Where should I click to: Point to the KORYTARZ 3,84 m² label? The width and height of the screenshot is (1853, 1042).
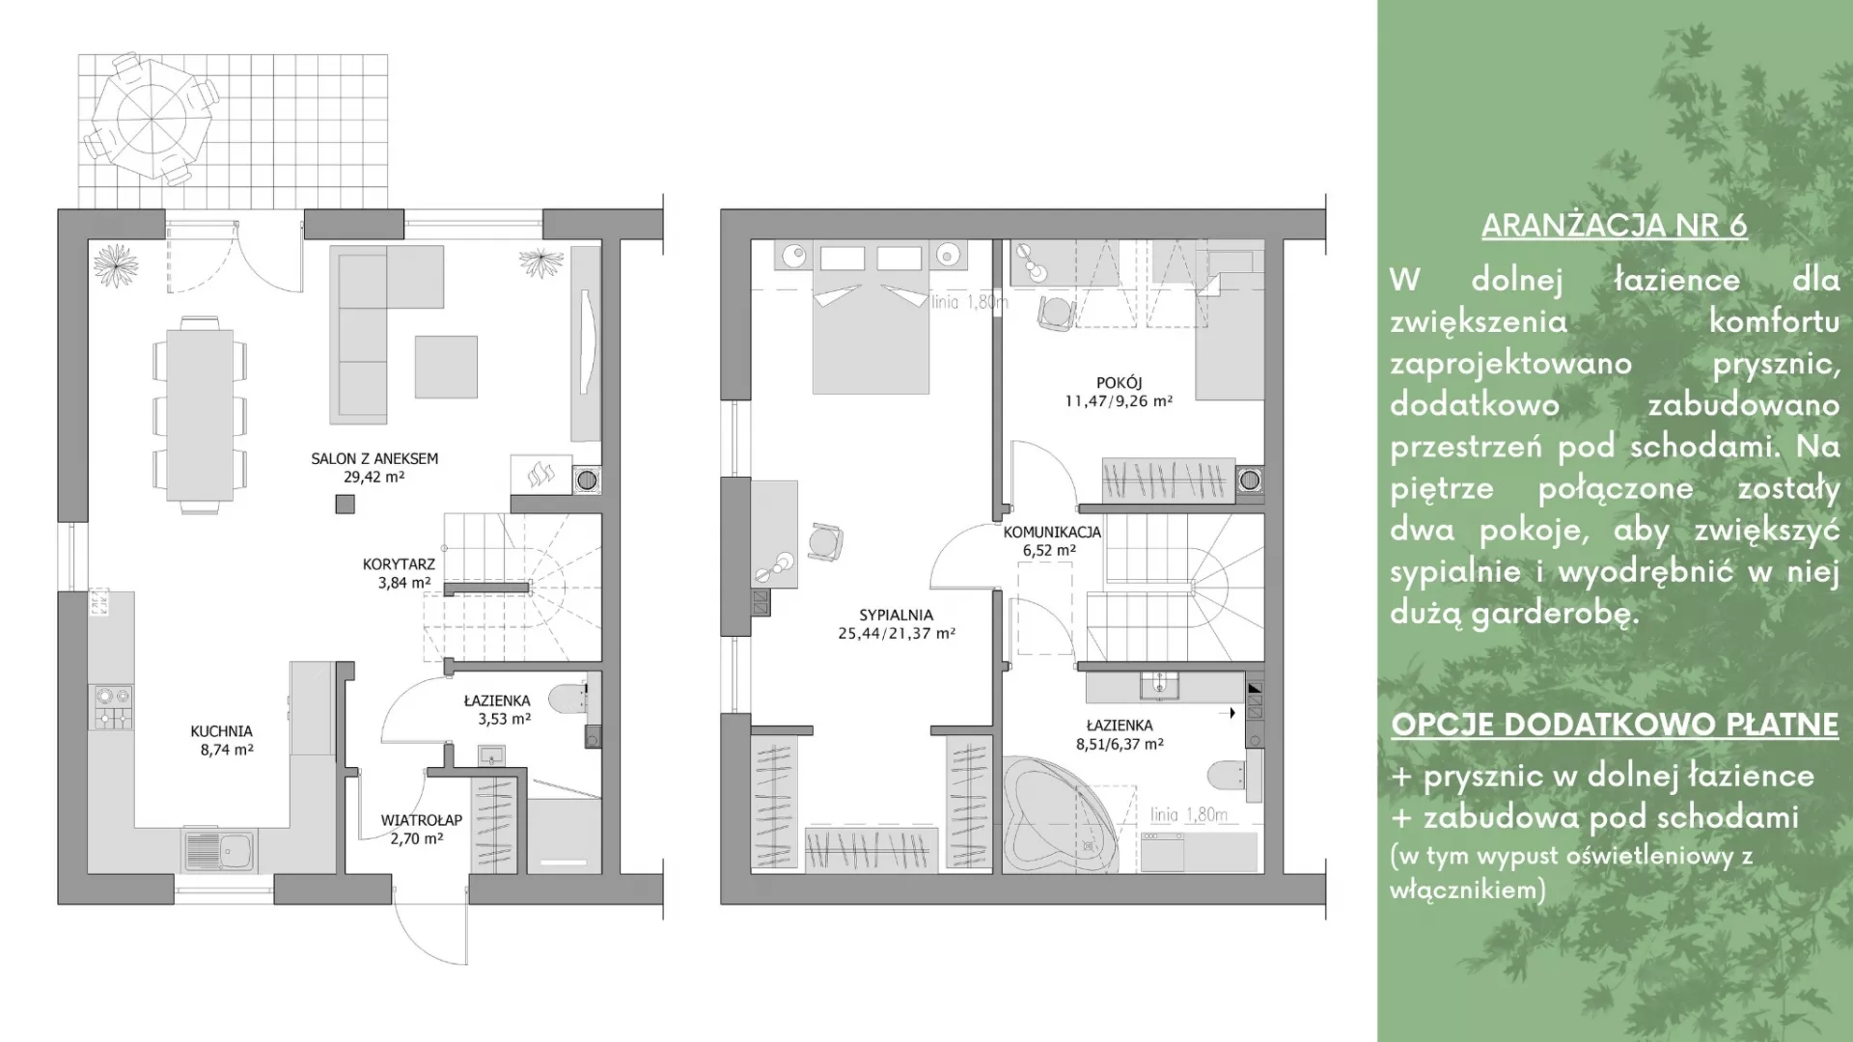pos(399,573)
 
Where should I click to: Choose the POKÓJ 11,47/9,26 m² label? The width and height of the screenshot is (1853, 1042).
pos(1119,392)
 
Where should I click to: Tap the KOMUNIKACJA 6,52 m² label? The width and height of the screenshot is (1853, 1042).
pos(1051,541)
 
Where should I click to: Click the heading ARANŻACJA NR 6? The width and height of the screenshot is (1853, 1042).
pos(1615,225)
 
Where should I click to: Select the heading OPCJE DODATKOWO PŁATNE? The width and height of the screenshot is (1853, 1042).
pos(1615,725)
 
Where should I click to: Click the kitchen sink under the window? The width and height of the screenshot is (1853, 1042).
pos(219,850)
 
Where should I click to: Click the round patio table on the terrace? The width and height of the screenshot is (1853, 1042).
pos(152,119)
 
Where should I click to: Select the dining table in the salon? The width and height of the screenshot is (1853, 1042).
pos(200,415)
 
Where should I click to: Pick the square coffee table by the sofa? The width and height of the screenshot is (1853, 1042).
pos(446,367)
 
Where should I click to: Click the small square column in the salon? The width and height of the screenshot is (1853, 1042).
pos(345,504)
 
